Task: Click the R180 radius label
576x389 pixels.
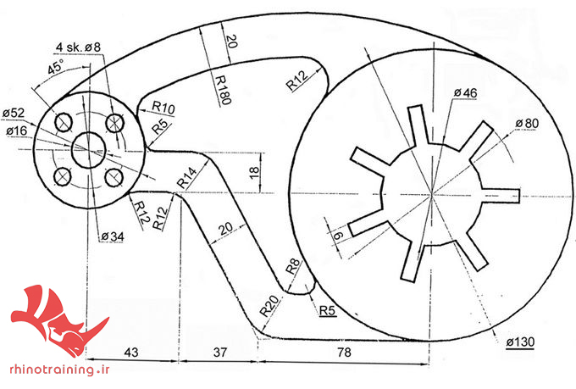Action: [x=223, y=90]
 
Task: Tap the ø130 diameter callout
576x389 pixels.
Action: [x=520, y=342]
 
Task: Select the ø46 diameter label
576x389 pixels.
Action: [x=465, y=93]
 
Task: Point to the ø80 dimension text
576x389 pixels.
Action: [x=527, y=124]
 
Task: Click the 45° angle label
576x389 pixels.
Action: [x=55, y=67]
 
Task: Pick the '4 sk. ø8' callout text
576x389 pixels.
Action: [x=78, y=47]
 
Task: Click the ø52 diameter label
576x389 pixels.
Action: [x=14, y=113]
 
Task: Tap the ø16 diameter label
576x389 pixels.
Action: [x=17, y=131]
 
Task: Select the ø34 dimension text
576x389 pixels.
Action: [x=113, y=236]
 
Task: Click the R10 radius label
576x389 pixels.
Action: [x=163, y=108]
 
